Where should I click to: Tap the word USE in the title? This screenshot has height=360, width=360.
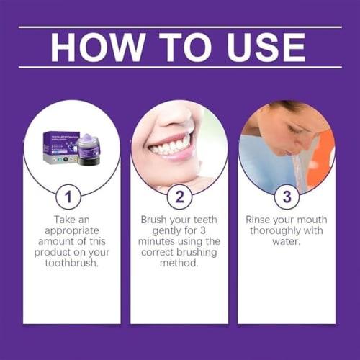[262, 47]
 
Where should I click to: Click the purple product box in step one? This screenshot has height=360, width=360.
[58, 147]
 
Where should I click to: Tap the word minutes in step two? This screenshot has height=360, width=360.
[160, 243]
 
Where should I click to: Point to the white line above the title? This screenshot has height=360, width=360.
[179, 27]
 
